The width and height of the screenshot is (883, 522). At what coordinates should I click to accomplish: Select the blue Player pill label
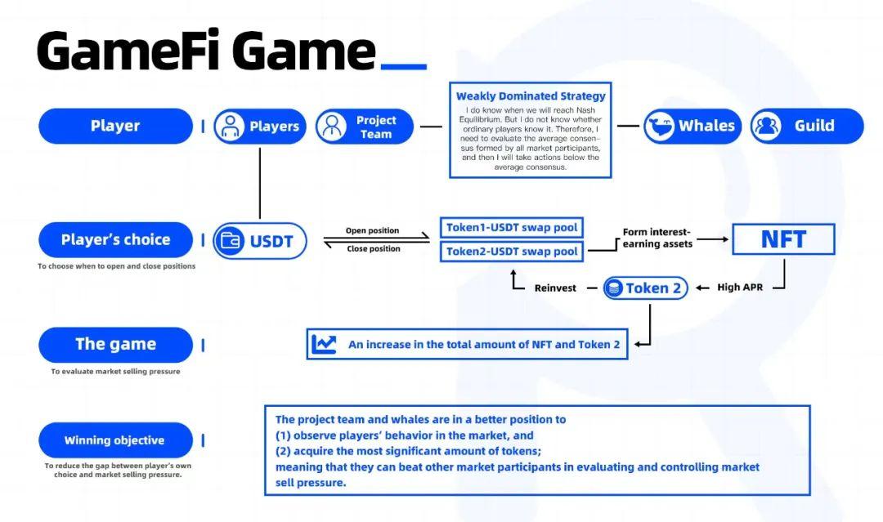tap(115, 126)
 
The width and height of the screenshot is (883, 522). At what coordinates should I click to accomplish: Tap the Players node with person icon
tap(260, 127)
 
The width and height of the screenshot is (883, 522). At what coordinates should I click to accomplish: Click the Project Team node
tap(364, 127)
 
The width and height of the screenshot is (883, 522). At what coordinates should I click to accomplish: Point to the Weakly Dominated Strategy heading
tap(531, 96)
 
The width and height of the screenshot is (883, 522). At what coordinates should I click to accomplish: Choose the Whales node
tap(692, 126)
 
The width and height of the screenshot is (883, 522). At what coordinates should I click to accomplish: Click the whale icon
tap(659, 127)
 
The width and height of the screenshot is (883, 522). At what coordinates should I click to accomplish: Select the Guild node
tap(806, 126)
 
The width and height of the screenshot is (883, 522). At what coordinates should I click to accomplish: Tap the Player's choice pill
tap(115, 239)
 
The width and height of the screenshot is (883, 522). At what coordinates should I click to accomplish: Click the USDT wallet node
tap(260, 241)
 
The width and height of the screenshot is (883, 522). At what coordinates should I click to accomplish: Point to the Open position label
tap(373, 230)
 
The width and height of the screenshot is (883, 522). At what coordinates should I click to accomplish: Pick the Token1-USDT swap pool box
tap(512, 227)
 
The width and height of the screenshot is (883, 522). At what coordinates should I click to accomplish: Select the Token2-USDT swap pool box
tap(512, 252)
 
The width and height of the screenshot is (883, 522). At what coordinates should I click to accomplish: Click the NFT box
tap(783, 239)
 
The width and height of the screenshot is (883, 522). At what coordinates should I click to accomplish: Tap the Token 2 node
tap(646, 288)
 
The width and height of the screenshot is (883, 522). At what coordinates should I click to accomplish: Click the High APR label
tap(740, 288)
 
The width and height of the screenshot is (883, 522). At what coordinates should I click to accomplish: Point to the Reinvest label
tap(555, 288)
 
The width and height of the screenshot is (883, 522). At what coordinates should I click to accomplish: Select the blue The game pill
tap(115, 344)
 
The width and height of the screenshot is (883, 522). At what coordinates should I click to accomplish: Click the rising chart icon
tap(324, 344)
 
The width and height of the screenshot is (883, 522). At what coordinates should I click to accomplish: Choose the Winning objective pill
tap(115, 440)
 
